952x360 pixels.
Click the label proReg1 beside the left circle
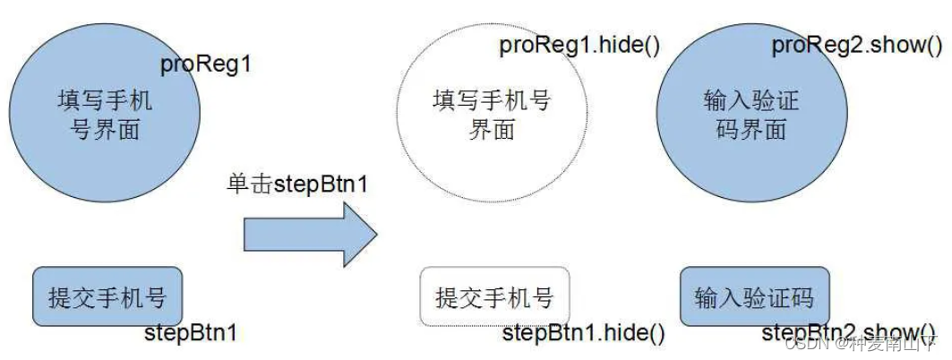click(205, 65)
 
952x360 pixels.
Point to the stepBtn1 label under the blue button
click(191, 334)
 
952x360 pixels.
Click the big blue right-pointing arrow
click(310, 234)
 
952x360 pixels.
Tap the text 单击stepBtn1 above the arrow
click(297, 185)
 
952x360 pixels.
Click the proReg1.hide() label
click(579, 46)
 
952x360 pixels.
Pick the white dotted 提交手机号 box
click(494, 297)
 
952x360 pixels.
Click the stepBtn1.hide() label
click(583, 334)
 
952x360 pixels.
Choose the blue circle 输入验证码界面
click(750, 112)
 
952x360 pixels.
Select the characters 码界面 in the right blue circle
click(750, 129)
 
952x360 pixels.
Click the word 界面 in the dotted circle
click(492, 129)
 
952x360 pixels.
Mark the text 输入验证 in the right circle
click(750, 99)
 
